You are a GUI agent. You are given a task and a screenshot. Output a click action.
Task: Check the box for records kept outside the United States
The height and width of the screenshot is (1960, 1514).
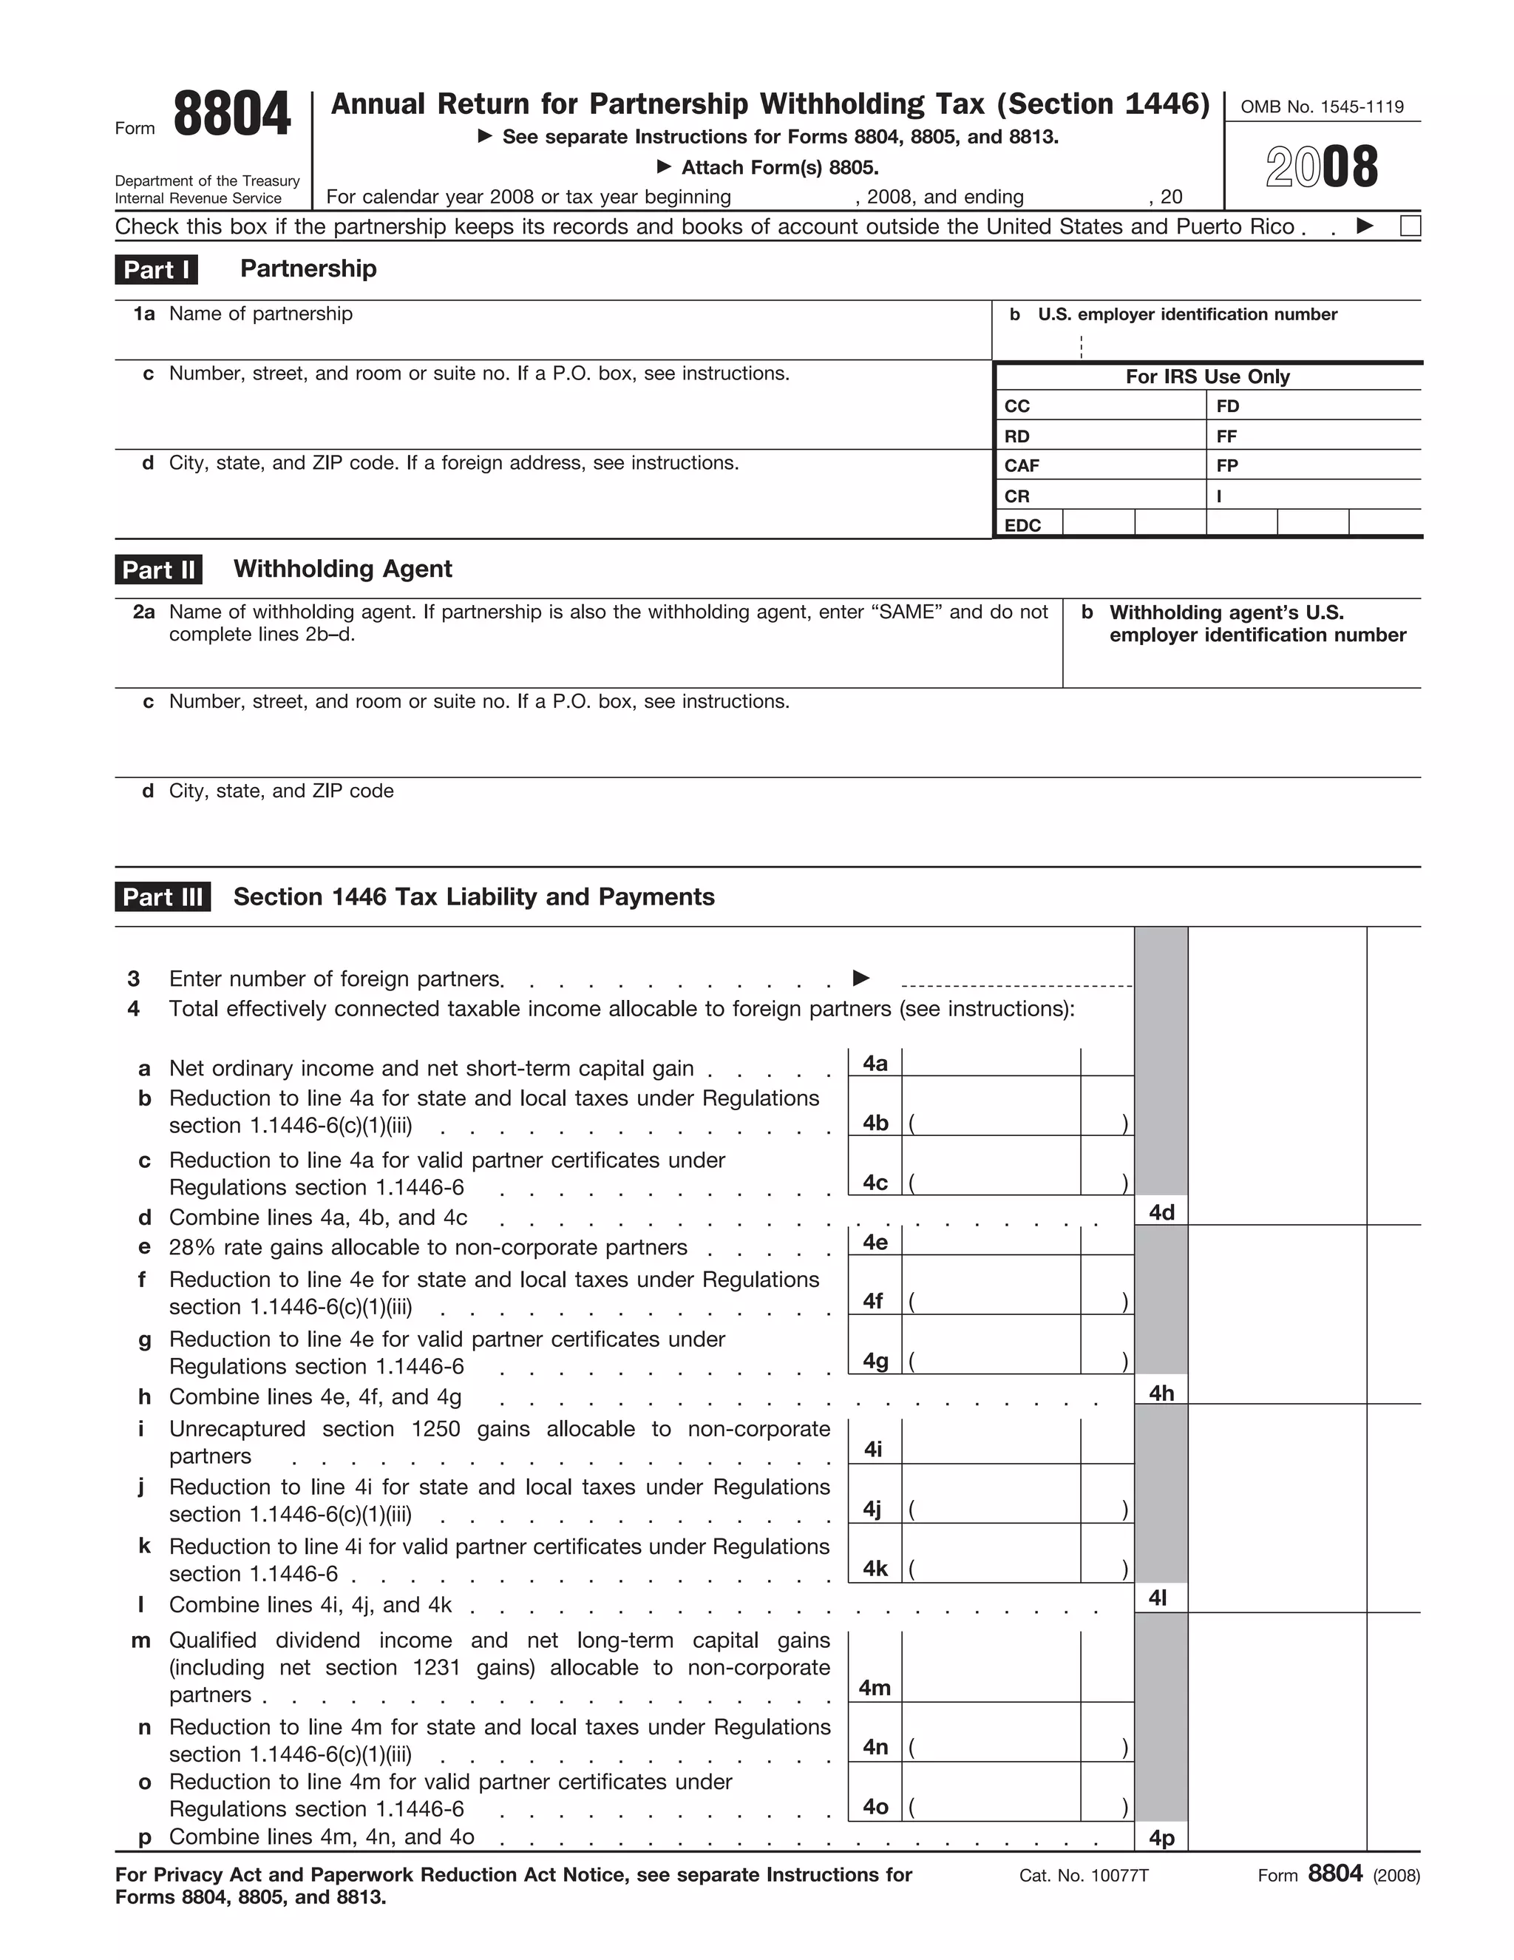1410,226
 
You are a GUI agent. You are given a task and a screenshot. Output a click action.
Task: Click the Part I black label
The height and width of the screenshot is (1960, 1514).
156,269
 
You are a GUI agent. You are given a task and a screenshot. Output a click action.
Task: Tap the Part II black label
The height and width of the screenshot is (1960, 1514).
159,569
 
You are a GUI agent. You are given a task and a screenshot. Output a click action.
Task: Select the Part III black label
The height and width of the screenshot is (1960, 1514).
163,896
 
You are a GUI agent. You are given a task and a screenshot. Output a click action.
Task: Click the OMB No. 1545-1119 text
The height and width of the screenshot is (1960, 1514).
1321,107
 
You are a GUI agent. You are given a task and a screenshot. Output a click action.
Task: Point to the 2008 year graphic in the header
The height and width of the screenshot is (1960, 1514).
1321,167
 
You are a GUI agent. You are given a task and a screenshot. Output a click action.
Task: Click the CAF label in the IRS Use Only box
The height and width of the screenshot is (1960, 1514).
1022,466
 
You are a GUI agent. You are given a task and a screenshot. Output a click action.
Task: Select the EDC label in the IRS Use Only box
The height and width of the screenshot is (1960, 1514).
1022,525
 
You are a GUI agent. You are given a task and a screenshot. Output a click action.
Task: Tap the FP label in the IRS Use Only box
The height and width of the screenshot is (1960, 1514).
1227,466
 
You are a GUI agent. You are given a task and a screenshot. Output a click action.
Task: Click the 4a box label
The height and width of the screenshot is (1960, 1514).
875,1064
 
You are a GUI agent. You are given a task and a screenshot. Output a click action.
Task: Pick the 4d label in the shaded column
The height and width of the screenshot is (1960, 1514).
1161,1212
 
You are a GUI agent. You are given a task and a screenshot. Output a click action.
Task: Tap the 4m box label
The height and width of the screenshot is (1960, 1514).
875,1687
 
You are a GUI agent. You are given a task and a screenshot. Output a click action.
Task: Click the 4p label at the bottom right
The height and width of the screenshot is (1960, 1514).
1161,1838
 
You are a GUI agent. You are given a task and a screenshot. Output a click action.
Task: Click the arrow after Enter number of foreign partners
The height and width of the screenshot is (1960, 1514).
860,977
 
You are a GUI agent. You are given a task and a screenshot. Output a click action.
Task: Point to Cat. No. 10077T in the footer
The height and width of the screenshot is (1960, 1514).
1084,1876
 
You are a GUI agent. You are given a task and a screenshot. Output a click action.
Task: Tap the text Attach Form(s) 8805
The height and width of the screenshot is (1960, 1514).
779,168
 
